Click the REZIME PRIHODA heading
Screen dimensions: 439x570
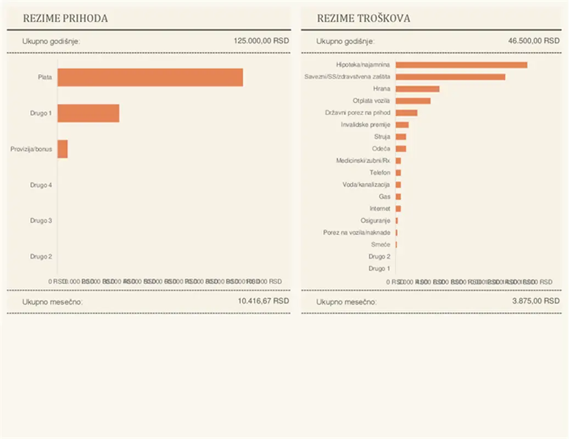coord(65,19)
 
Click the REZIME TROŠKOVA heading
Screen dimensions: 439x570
coord(364,19)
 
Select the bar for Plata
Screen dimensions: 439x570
coord(150,77)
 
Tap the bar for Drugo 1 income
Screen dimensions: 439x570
coord(88,113)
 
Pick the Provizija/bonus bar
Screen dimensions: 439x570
coord(63,149)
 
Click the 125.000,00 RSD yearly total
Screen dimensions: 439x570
coord(261,41)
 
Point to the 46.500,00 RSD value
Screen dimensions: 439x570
coord(534,41)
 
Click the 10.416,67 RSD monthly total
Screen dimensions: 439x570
coord(263,301)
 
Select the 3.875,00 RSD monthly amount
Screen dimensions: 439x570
coord(535,301)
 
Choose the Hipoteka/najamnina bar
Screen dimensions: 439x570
coord(461,65)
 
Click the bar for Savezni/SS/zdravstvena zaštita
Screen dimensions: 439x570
coord(450,77)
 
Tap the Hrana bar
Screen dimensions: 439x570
coord(417,89)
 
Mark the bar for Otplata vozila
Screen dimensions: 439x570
coord(413,101)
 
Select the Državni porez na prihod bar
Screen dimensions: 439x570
coord(406,112)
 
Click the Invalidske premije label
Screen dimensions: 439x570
coord(365,125)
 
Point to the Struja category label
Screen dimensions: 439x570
coord(382,137)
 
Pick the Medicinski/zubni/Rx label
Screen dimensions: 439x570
coord(363,161)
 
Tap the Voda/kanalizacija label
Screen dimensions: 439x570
coord(366,184)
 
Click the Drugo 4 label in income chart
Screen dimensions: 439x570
coord(41,185)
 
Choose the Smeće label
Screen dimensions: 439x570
coord(381,245)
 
